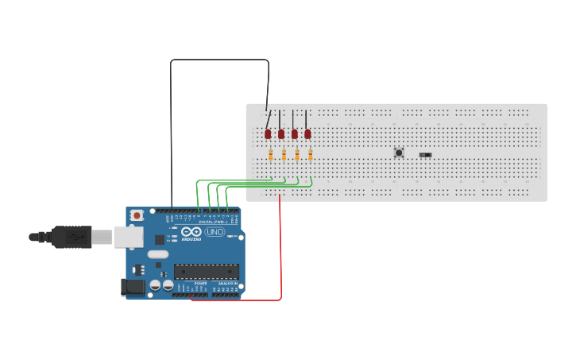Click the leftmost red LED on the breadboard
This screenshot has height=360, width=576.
[x=268, y=134]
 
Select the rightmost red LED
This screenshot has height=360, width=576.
[x=307, y=134]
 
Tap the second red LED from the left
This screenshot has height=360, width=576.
[x=281, y=134]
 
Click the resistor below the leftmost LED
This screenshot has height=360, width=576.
[x=271, y=154]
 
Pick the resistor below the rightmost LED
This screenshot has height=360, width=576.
[x=311, y=154]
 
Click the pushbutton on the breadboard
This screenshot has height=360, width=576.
[x=399, y=153]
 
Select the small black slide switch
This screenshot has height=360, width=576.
[x=426, y=154]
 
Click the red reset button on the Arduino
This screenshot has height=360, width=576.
[x=137, y=215]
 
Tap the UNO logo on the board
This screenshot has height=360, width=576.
[x=215, y=232]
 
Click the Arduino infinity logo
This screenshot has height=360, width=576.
[x=191, y=231]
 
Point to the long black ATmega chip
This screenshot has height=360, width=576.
[x=207, y=271]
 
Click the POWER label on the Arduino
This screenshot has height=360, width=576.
[x=200, y=283]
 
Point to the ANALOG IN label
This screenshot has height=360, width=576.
[x=226, y=283]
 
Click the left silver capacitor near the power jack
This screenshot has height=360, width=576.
[x=156, y=284]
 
